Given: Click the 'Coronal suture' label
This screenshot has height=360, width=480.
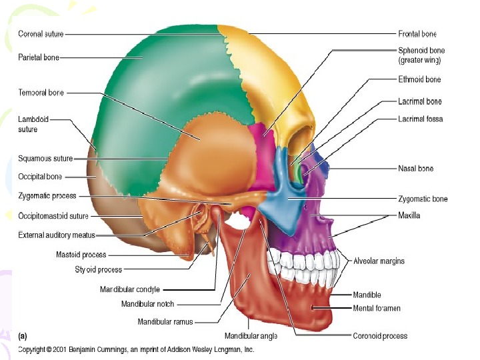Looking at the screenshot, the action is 41,34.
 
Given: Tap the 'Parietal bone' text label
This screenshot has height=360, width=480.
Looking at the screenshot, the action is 39,58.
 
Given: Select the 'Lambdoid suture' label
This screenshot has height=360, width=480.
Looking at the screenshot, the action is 33,124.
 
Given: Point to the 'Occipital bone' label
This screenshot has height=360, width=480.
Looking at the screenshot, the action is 40,177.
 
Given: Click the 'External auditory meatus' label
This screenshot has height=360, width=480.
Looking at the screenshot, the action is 57,235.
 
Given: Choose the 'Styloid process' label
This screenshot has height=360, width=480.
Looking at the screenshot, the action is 98,270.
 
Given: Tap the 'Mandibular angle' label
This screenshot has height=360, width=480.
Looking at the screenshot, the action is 251,335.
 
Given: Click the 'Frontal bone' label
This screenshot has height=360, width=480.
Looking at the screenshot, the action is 417,34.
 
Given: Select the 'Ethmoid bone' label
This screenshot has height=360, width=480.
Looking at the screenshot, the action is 419,80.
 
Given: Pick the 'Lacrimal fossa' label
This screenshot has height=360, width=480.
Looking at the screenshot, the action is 421,119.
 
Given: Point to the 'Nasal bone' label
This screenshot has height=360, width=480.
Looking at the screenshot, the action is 415,169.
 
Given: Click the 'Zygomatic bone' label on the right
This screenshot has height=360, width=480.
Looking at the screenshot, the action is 423,199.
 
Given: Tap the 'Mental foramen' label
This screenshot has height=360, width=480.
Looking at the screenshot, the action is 377,309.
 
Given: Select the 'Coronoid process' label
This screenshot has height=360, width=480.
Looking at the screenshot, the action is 380,336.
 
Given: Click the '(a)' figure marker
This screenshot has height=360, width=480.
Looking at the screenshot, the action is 23,336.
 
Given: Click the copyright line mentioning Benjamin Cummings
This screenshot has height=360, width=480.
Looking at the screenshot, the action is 136,349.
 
